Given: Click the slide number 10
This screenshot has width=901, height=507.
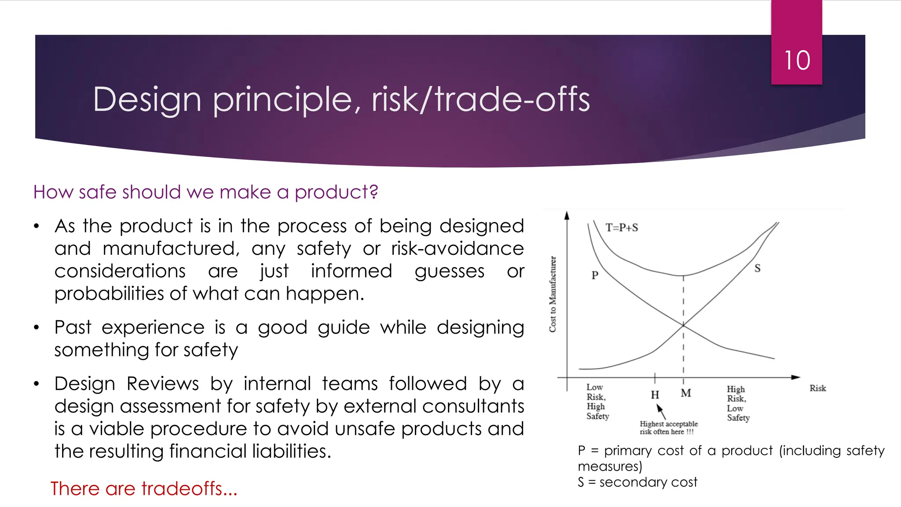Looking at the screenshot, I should pyautogui.click(x=797, y=60).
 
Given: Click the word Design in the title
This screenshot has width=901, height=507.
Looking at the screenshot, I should pyautogui.click(x=147, y=100).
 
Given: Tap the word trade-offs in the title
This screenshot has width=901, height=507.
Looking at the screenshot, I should pyautogui.click(x=512, y=99).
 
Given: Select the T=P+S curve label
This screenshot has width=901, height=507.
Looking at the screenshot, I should pyautogui.click(x=622, y=228).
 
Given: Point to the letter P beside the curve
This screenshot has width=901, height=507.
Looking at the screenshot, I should pyautogui.click(x=595, y=275).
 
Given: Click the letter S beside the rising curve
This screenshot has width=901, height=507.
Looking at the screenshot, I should pyautogui.click(x=757, y=268).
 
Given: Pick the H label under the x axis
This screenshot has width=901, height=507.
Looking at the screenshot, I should pyautogui.click(x=655, y=395).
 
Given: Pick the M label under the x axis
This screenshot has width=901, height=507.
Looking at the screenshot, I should pyautogui.click(x=686, y=393).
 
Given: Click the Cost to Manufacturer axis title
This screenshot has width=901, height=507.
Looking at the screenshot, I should pyautogui.click(x=553, y=294).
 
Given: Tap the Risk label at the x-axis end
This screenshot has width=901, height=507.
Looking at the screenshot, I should pyautogui.click(x=817, y=388).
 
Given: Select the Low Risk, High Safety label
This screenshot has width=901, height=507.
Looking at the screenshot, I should pyautogui.click(x=597, y=401).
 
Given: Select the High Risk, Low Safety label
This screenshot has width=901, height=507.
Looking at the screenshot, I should pyautogui.click(x=738, y=403).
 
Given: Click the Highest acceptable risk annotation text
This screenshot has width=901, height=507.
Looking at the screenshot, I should pyautogui.click(x=668, y=427).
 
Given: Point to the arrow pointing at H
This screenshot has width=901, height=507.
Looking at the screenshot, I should pyautogui.click(x=661, y=412).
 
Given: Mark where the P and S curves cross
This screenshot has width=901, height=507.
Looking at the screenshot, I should pyautogui.click(x=683, y=325).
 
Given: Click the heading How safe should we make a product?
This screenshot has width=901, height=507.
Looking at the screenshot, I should pyautogui.click(x=205, y=192).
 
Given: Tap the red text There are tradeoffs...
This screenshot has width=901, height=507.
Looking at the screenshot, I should pyautogui.click(x=144, y=489).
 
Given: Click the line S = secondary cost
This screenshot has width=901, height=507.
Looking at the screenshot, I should pyautogui.click(x=637, y=482).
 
